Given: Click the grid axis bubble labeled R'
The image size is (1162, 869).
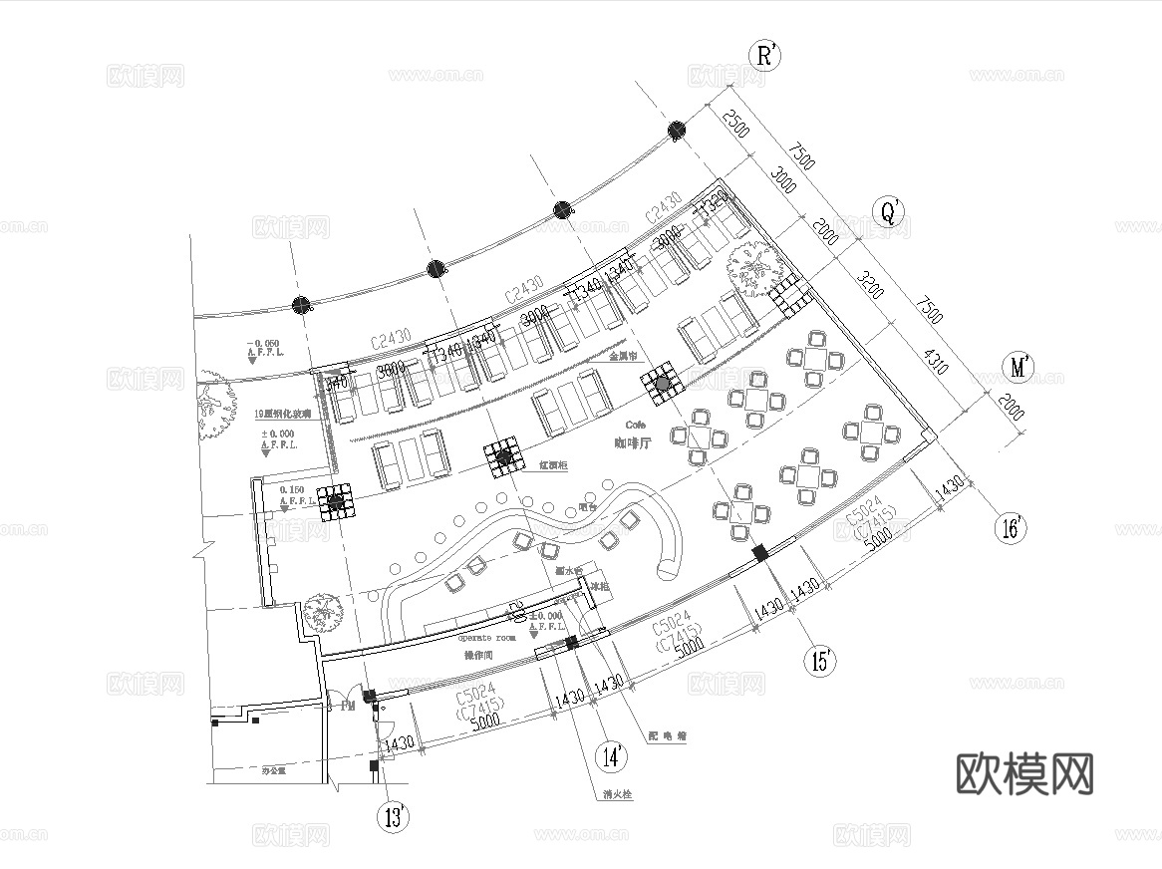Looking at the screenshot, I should pyautogui.click(x=764, y=56).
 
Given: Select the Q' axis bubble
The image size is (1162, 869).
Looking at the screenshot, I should pyautogui.click(x=886, y=211).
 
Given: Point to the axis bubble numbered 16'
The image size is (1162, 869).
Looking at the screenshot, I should pyautogui.click(x=1012, y=527).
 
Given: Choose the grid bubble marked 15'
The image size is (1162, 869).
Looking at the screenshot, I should pyautogui.click(x=822, y=660).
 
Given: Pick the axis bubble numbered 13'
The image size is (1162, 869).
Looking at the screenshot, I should pyautogui.click(x=395, y=817).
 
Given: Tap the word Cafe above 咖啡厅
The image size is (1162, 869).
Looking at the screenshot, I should pyautogui.click(x=637, y=425).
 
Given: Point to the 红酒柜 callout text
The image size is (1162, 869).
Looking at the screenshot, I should pyautogui.click(x=553, y=465).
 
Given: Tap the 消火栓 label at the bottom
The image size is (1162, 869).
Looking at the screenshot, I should pyautogui.click(x=618, y=795).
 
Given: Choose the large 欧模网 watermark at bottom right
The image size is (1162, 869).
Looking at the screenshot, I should pyautogui.click(x=1024, y=773).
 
